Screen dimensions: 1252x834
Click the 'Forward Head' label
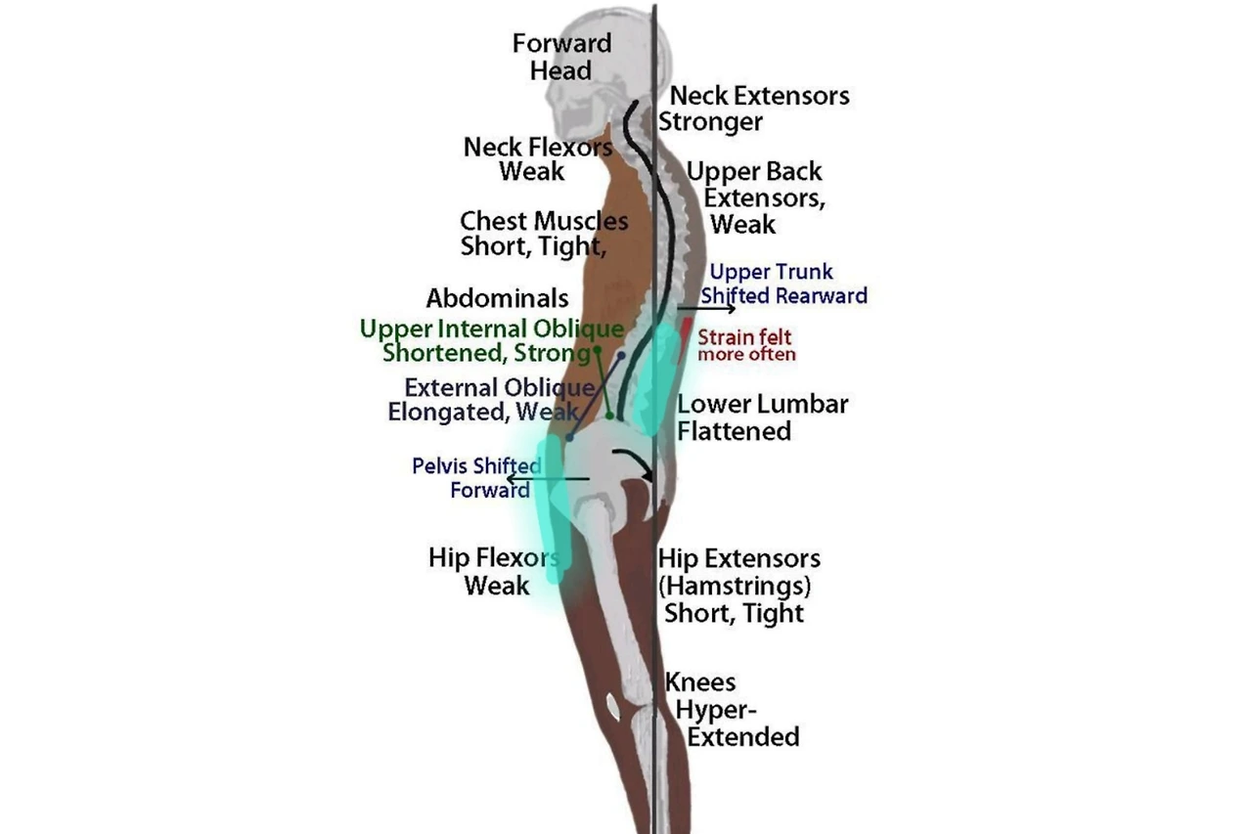[x=561, y=57]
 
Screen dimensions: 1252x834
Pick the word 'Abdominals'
[x=497, y=297]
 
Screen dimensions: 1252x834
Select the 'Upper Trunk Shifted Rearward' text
[x=783, y=284]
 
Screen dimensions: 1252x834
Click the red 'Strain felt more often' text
[x=745, y=346]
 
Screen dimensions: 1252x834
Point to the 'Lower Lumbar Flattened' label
[x=762, y=417]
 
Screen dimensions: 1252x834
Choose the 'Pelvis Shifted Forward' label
[x=478, y=477]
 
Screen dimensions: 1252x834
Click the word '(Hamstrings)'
[x=735, y=587]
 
